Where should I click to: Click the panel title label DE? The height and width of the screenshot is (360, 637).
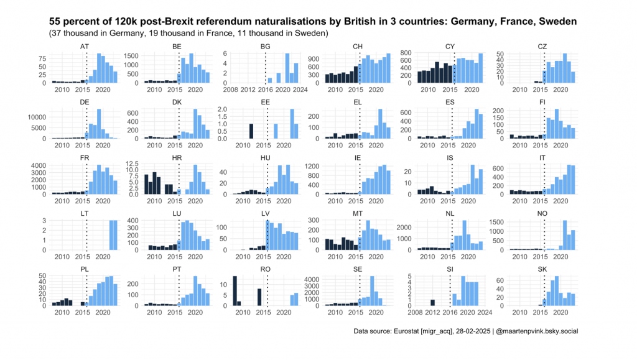[x=85, y=101]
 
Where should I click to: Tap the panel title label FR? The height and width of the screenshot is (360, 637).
[x=85, y=157]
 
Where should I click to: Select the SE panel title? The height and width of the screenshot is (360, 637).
[x=358, y=268]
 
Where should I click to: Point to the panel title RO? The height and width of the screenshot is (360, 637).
[x=266, y=268]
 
